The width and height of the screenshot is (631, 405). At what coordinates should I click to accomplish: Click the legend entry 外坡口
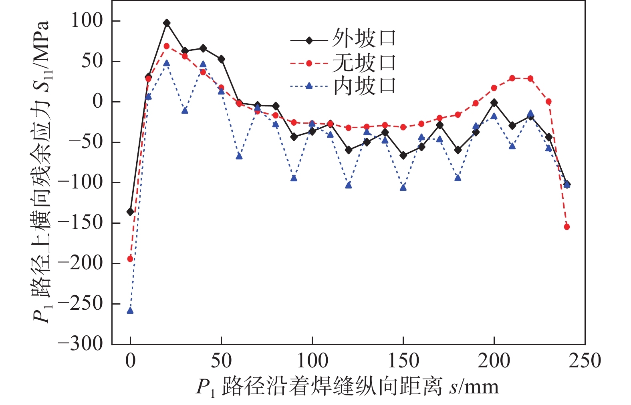[343, 38]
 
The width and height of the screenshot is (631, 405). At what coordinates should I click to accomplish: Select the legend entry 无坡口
[343, 63]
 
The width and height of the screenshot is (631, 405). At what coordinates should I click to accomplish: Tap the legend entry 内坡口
[343, 86]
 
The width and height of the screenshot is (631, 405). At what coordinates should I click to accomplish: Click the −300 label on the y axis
[80, 344]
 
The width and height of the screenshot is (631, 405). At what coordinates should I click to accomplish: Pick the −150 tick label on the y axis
[80, 223]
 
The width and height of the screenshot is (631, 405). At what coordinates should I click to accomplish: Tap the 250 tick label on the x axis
[585, 361]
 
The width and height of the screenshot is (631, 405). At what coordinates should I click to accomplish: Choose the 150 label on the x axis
[403, 361]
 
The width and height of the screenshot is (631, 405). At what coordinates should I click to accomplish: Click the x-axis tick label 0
[130, 361]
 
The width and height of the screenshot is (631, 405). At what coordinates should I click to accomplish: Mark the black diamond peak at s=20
[167, 23]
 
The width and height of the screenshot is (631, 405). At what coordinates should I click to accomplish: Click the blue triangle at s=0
[130, 311]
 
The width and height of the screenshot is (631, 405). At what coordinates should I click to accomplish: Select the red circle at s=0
[130, 259]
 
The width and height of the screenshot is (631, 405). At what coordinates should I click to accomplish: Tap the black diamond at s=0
[130, 212]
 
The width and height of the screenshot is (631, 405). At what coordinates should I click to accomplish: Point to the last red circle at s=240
[567, 227]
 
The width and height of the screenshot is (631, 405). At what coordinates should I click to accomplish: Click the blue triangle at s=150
[403, 187]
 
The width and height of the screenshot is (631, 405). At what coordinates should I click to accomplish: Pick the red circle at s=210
[512, 78]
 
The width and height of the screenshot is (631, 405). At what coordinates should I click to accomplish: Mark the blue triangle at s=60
[239, 156]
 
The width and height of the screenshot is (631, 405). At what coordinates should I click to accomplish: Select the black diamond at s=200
[494, 103]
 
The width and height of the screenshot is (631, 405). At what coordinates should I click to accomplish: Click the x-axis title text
[347, 387]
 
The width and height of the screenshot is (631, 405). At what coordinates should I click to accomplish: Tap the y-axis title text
[41, 172]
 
